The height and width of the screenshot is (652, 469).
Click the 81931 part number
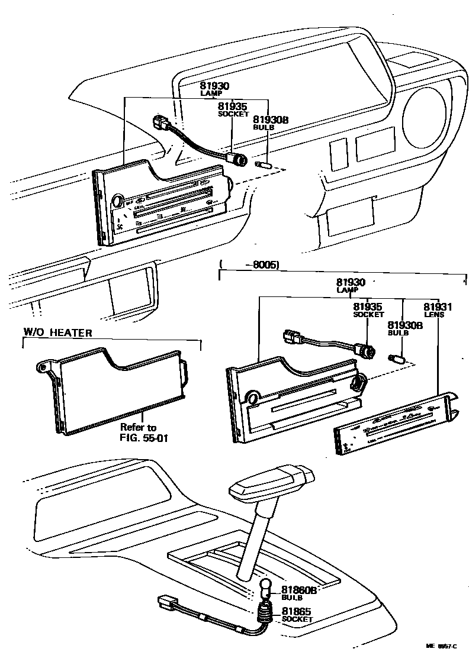pyautogui.click(x=438, y=307)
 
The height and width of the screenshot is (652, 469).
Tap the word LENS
pyautogui.click(x=438, y=315)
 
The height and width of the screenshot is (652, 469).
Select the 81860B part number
pyautogui.click(x=299, y=590)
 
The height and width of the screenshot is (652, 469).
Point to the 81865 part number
pyautogui.click(x=297, y=611)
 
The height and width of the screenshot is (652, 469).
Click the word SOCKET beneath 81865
pyautogui.click(x=297, y=619)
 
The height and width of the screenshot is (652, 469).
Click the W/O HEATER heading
pyautogui.click(x=57, y=333)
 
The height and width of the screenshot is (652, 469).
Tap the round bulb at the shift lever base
pyautogui.click(x=266, y=588)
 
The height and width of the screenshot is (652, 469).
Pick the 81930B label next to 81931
pyautogui.click(x=404, y=325)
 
